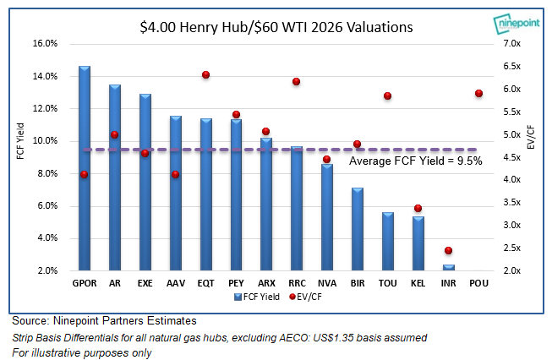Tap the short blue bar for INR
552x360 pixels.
point(448,267)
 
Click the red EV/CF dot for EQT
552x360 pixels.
point(205,75)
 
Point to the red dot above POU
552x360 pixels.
point(478,94)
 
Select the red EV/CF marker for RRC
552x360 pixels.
point(297,81)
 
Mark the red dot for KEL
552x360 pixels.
point(418,209)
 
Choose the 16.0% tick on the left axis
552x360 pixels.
point(45,43)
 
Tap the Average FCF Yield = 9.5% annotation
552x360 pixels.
point(416,161)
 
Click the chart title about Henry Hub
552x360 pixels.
point(276,27)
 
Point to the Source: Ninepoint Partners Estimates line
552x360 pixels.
point(104,321)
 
